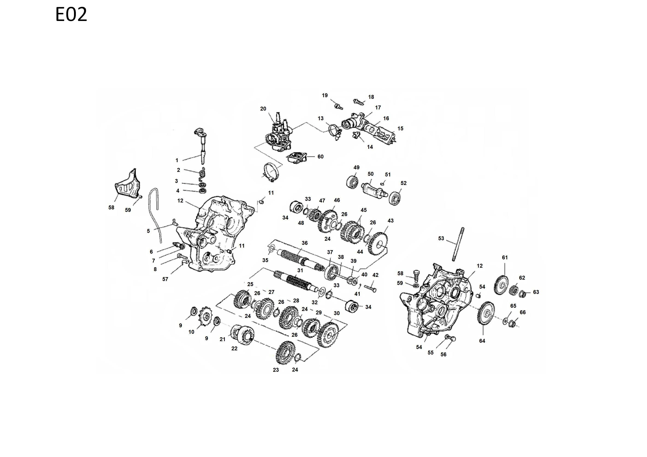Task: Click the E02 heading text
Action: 71,15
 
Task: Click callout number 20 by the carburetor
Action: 263,109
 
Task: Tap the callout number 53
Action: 441,238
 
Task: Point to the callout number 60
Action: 320,157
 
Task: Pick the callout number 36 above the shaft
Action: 305,243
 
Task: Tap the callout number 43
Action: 390,221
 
